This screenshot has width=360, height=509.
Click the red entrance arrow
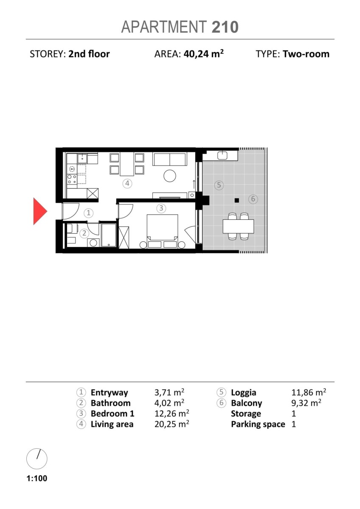click(40, 211)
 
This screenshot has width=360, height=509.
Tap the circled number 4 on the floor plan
click(127, 183)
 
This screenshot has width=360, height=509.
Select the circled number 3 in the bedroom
click(161, 208)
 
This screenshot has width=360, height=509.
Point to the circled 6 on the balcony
click(253, 199)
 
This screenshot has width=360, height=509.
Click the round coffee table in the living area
click(170, 176)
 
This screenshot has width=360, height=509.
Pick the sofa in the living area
click(170, 159)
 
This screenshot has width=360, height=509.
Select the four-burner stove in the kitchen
click(72, 179)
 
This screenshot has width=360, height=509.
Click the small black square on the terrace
click(237, 200)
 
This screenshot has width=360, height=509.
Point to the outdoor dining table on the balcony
click(238, 227)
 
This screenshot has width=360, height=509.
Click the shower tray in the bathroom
click(109, 235)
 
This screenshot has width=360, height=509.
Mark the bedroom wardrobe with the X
click(124, 237)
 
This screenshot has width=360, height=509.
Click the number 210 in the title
click(225, 27)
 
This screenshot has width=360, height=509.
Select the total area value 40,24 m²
click(203, 54)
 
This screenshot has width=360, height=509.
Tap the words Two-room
click(306, 54)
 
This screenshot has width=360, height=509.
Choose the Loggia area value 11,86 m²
click(309, 392)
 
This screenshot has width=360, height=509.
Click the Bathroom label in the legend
click(110, 403)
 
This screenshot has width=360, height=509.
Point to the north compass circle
click(37, 459)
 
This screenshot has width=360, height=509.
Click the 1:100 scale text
click(37, 478)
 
